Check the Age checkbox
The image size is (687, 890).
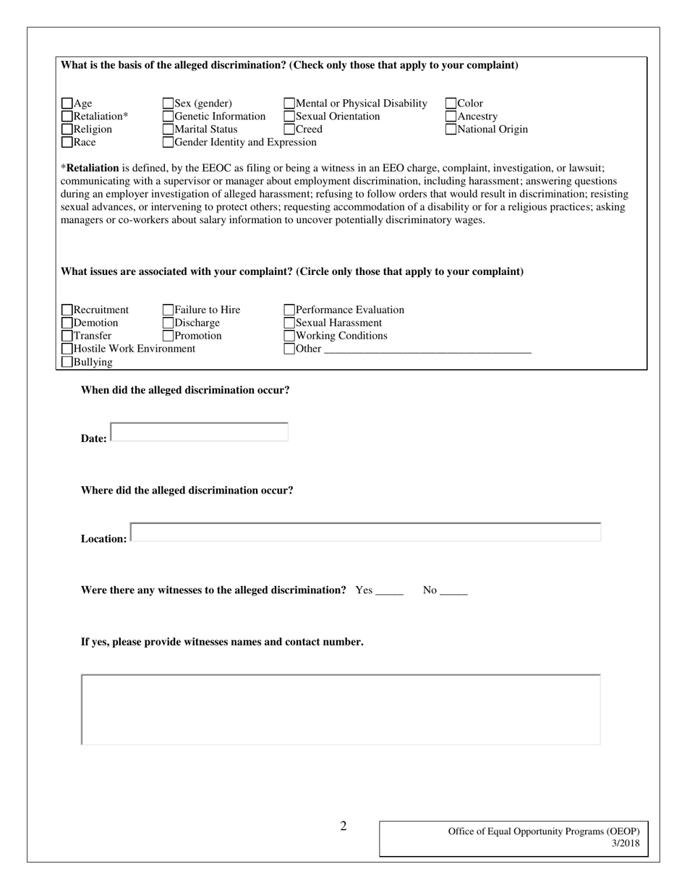67,103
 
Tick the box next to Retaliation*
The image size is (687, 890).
67,116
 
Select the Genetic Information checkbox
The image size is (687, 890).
168,116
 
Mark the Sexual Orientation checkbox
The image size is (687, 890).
289,116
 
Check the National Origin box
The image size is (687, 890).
451,130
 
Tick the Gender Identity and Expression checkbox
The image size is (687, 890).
168,143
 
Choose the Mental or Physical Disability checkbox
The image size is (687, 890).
289,103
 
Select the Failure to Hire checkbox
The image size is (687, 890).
168,310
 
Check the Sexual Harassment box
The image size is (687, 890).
289,323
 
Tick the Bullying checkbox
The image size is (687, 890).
67,363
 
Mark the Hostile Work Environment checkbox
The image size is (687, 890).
67,349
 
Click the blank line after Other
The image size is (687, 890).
427,349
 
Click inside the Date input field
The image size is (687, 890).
200,432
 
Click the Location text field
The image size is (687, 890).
366,532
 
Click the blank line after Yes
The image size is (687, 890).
390,590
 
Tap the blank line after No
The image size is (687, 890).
453,590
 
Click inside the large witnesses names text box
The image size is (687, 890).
341,709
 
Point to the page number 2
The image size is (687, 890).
343,826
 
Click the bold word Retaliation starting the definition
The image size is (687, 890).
93,168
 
